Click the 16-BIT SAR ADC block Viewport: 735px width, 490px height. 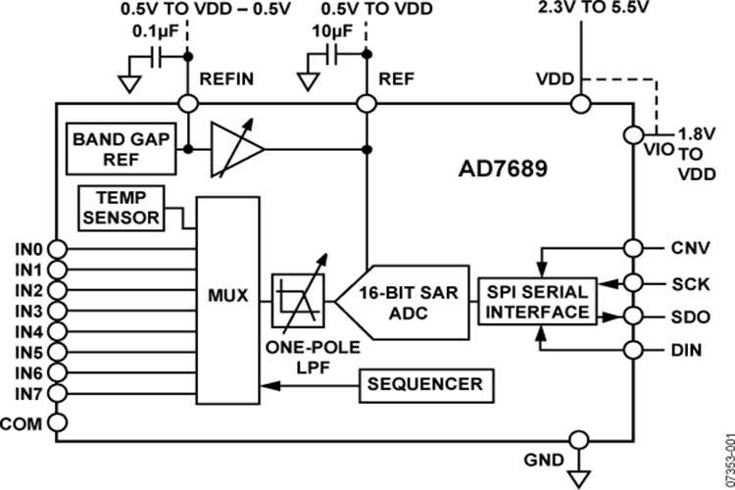(x=403, y=302)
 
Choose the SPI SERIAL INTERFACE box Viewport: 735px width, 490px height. (x=534, y=302)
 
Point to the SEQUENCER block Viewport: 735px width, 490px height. (x=424, y=384)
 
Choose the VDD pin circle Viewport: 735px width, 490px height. (x=581, y=103)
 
